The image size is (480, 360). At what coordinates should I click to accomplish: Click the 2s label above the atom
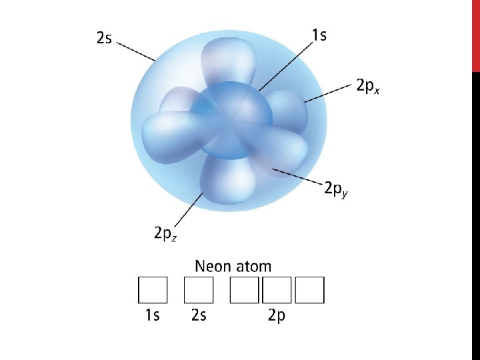click(x=103, y=38)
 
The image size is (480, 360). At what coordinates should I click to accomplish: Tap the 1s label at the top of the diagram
click(x=319, y=35)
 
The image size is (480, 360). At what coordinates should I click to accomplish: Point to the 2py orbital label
click(x=336, y=189)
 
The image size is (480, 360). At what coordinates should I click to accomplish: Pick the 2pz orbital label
click(x=165, y=234)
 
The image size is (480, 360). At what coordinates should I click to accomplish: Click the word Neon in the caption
click(x=213, y=267)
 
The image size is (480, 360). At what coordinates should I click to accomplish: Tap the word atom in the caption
click(x=254, y=267)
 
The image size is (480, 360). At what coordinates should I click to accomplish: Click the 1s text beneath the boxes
click(x=152, y=315)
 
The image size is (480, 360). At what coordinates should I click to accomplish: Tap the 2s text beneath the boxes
click(x=198, y=315)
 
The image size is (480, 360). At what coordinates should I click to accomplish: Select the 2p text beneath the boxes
click(x=277, y=315)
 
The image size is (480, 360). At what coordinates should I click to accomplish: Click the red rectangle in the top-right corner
click(x=475, y=35)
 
